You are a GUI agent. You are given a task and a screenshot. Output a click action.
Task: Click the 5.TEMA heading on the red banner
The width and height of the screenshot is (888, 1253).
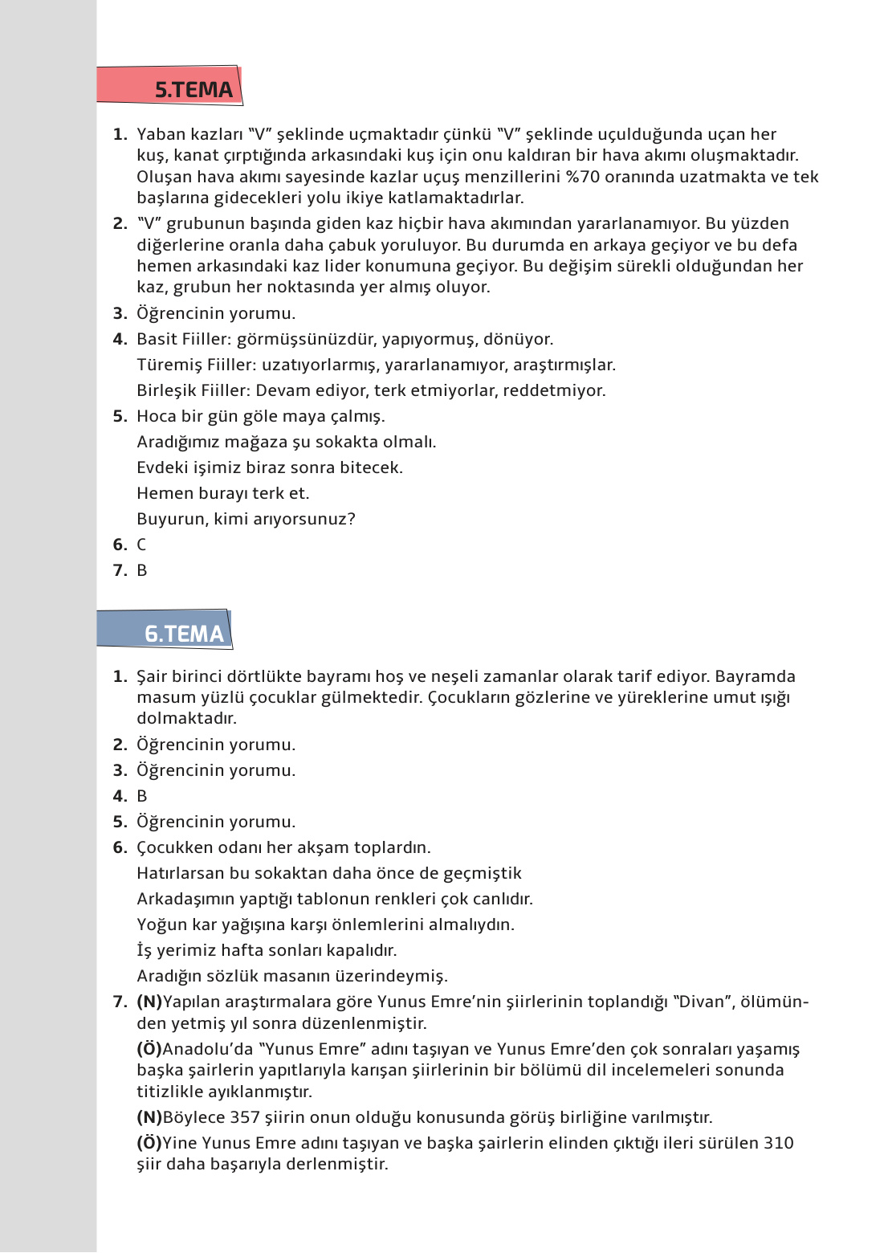pos(193,89)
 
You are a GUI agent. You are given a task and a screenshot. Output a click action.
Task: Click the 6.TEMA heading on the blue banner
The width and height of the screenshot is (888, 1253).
pos(184,634)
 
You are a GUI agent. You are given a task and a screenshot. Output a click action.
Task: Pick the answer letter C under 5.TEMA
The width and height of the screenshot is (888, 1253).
pos(141,545)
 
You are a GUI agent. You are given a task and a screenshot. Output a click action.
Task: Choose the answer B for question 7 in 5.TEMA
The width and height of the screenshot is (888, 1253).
pos(142,570)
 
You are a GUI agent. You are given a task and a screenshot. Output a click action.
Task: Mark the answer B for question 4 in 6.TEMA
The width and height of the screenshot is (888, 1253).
pos(142,796)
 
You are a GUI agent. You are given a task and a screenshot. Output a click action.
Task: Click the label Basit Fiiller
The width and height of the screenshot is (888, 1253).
pos(183,339)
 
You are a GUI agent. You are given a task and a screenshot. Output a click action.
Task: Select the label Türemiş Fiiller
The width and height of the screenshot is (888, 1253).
pos(193,365)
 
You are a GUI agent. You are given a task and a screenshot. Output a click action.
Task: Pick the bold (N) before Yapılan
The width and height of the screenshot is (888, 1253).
pos(149,1002)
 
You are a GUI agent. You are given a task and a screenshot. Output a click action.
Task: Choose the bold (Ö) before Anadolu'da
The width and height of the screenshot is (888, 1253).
pos(149,1049)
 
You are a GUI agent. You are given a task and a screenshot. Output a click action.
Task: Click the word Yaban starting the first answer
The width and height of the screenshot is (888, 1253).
pos(160,134)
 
